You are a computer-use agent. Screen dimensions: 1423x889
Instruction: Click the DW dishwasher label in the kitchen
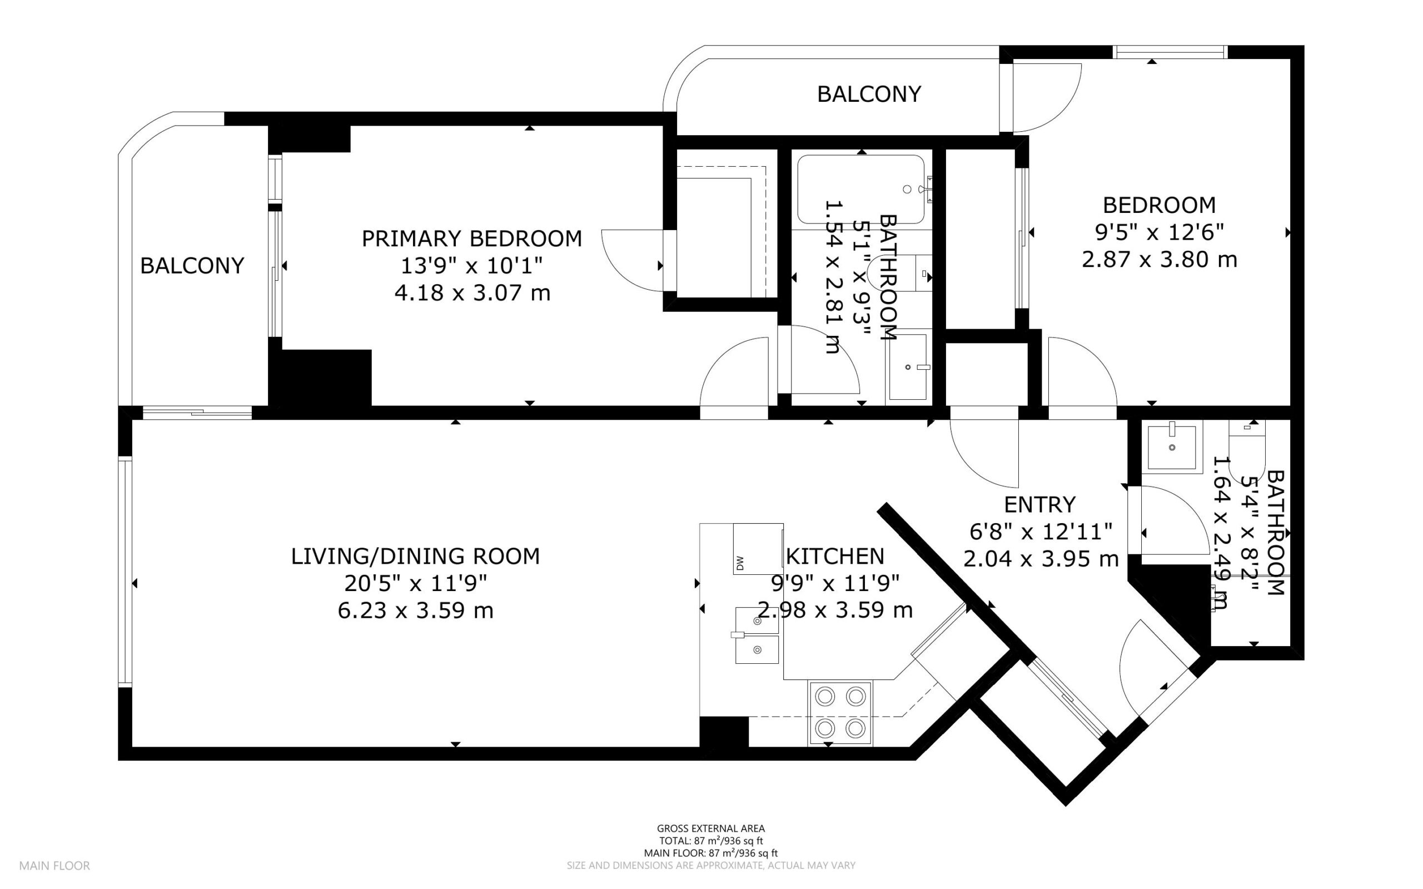coord(739,563)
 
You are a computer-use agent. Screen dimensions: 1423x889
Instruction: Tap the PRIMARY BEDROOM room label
coord(471,239)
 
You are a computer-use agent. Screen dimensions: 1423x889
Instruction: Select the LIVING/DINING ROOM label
coord(415,556)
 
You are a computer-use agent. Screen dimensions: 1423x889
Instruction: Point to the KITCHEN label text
coord(835,556)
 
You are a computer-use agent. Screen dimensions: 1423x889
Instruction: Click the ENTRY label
coord(1040,504)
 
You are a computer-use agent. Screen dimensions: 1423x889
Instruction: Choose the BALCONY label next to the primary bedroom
coord(192,266)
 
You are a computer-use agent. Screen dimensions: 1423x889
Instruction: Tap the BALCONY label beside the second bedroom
coord(869,94)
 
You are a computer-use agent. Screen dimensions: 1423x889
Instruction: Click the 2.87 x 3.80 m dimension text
coord(1159,259)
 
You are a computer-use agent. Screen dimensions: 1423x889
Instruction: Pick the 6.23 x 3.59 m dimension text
coord(415,610)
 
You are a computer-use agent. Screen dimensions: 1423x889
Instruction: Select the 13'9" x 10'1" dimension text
coord(471,266)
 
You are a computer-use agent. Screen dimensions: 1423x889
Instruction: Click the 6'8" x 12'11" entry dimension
coord(1041,532)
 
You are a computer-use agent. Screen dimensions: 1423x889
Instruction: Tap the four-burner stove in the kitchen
coord(840,713)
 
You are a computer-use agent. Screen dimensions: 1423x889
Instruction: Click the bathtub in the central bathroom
coord(861,190)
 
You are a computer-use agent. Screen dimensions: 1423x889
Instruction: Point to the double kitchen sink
coord(757,635)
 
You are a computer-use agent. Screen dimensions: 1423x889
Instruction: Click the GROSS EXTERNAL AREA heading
coord(710,829)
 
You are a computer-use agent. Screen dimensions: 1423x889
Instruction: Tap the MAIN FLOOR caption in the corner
coord(54,866)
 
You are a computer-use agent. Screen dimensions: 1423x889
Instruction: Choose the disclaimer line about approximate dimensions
coord(710,866)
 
